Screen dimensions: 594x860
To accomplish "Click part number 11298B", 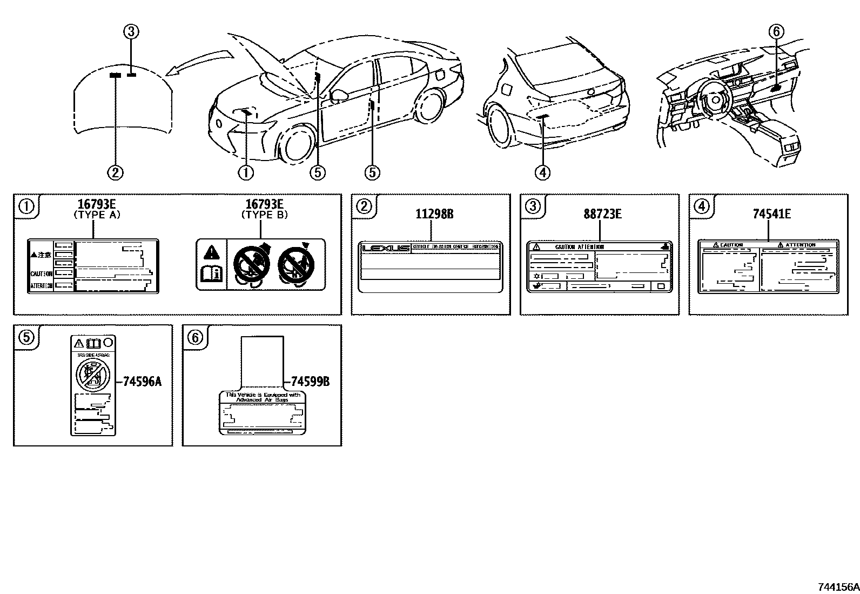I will click(x=434, y=214).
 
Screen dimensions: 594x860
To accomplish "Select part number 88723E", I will click(x=602, y=214).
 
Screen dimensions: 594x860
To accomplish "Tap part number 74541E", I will click(x=771, y=214).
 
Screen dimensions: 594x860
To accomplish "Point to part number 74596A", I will click(x=142, y=382).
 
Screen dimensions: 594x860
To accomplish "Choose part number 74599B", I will click(x=310, y=382).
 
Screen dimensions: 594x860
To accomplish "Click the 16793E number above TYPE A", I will click(x=97, y=204).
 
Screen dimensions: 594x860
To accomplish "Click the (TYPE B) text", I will click(x=264, y=215).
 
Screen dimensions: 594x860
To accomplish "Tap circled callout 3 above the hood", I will click(x=131, y=32).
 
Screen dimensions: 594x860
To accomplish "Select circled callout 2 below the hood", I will click(x=115, y=172).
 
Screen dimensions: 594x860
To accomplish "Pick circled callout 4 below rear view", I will click(x=542, y=172).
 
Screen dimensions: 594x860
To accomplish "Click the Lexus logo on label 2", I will click(x=386, y=248).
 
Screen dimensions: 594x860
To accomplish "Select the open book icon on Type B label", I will click(x=211, y=274).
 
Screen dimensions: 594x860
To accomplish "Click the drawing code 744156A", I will click(x=837, y=587).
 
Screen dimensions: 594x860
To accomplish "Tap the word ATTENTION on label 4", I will click(x=799, y=245).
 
